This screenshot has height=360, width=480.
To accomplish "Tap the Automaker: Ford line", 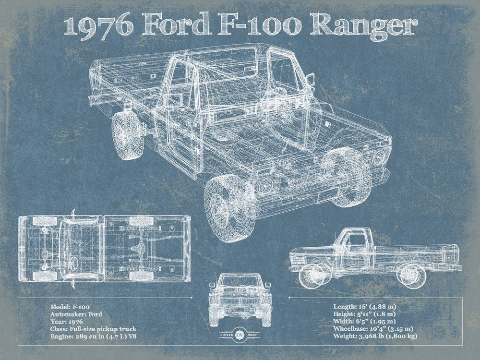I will [x=76, y=314].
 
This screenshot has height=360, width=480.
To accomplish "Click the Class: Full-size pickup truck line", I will [x=92, y=329].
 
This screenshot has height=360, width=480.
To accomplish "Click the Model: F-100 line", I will [x=69, y=306].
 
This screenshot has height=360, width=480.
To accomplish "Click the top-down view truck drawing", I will [x=104, y=248].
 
